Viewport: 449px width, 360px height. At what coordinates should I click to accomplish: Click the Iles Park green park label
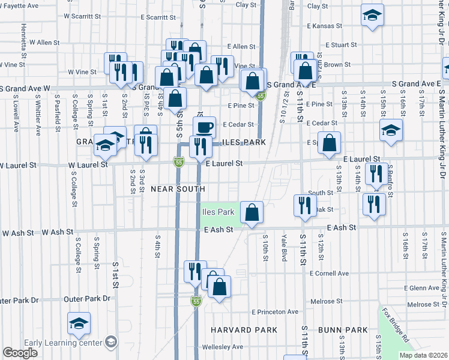pos(218,212)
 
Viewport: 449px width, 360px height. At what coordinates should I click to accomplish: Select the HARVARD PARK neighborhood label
pos(244,330)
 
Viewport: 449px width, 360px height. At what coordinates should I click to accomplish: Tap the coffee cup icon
pos(204,127)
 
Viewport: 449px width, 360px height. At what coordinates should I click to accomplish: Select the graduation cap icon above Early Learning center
pos(79,323)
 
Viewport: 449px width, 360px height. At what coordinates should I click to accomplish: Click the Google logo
pos(20,353)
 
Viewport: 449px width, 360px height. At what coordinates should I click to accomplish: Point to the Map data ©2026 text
pos(424,355)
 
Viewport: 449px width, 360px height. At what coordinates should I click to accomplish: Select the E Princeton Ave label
pos(275,312)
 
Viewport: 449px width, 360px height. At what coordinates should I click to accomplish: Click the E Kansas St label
pos(324,26)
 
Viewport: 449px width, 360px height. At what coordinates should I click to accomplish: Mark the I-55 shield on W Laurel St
pos(179,162)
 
